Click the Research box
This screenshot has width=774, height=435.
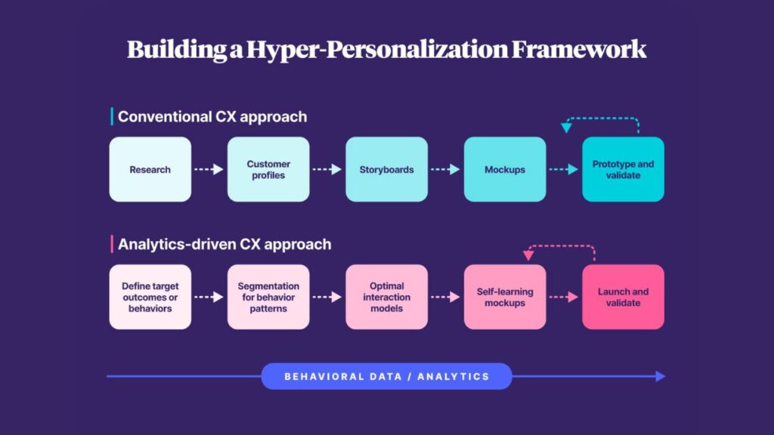click(x=150, y=169)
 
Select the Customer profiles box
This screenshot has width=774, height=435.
click(x=268, y=169)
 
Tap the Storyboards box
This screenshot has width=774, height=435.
click(x=386, y=169)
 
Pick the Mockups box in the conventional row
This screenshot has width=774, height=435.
click(x=505, y=169)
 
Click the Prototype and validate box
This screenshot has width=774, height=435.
click(x=623, y=169)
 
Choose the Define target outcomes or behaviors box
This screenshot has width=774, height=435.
click(x=150, y=297)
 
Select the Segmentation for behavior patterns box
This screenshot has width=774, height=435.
click(x=268, y=297)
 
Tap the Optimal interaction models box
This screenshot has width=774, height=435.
click(x=386, y=297)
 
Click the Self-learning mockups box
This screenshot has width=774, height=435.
click(x=505, y=297)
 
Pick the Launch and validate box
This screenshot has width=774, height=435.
click(x=623, y=297)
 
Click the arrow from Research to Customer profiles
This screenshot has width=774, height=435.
click(x=209, y=169)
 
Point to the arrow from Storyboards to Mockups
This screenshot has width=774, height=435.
click(x=445, y=169)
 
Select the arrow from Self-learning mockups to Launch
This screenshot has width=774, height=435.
click(x=563, y=297)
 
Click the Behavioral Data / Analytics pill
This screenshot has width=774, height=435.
click(x=386, y=376)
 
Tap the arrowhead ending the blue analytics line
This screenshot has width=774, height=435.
click(x=661, y=376)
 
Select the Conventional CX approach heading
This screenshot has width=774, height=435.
click(x=212, y=116)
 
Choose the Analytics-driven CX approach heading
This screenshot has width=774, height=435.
click(x=224, y=244)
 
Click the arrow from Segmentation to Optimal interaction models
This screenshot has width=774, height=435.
click(x=327, y=297)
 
